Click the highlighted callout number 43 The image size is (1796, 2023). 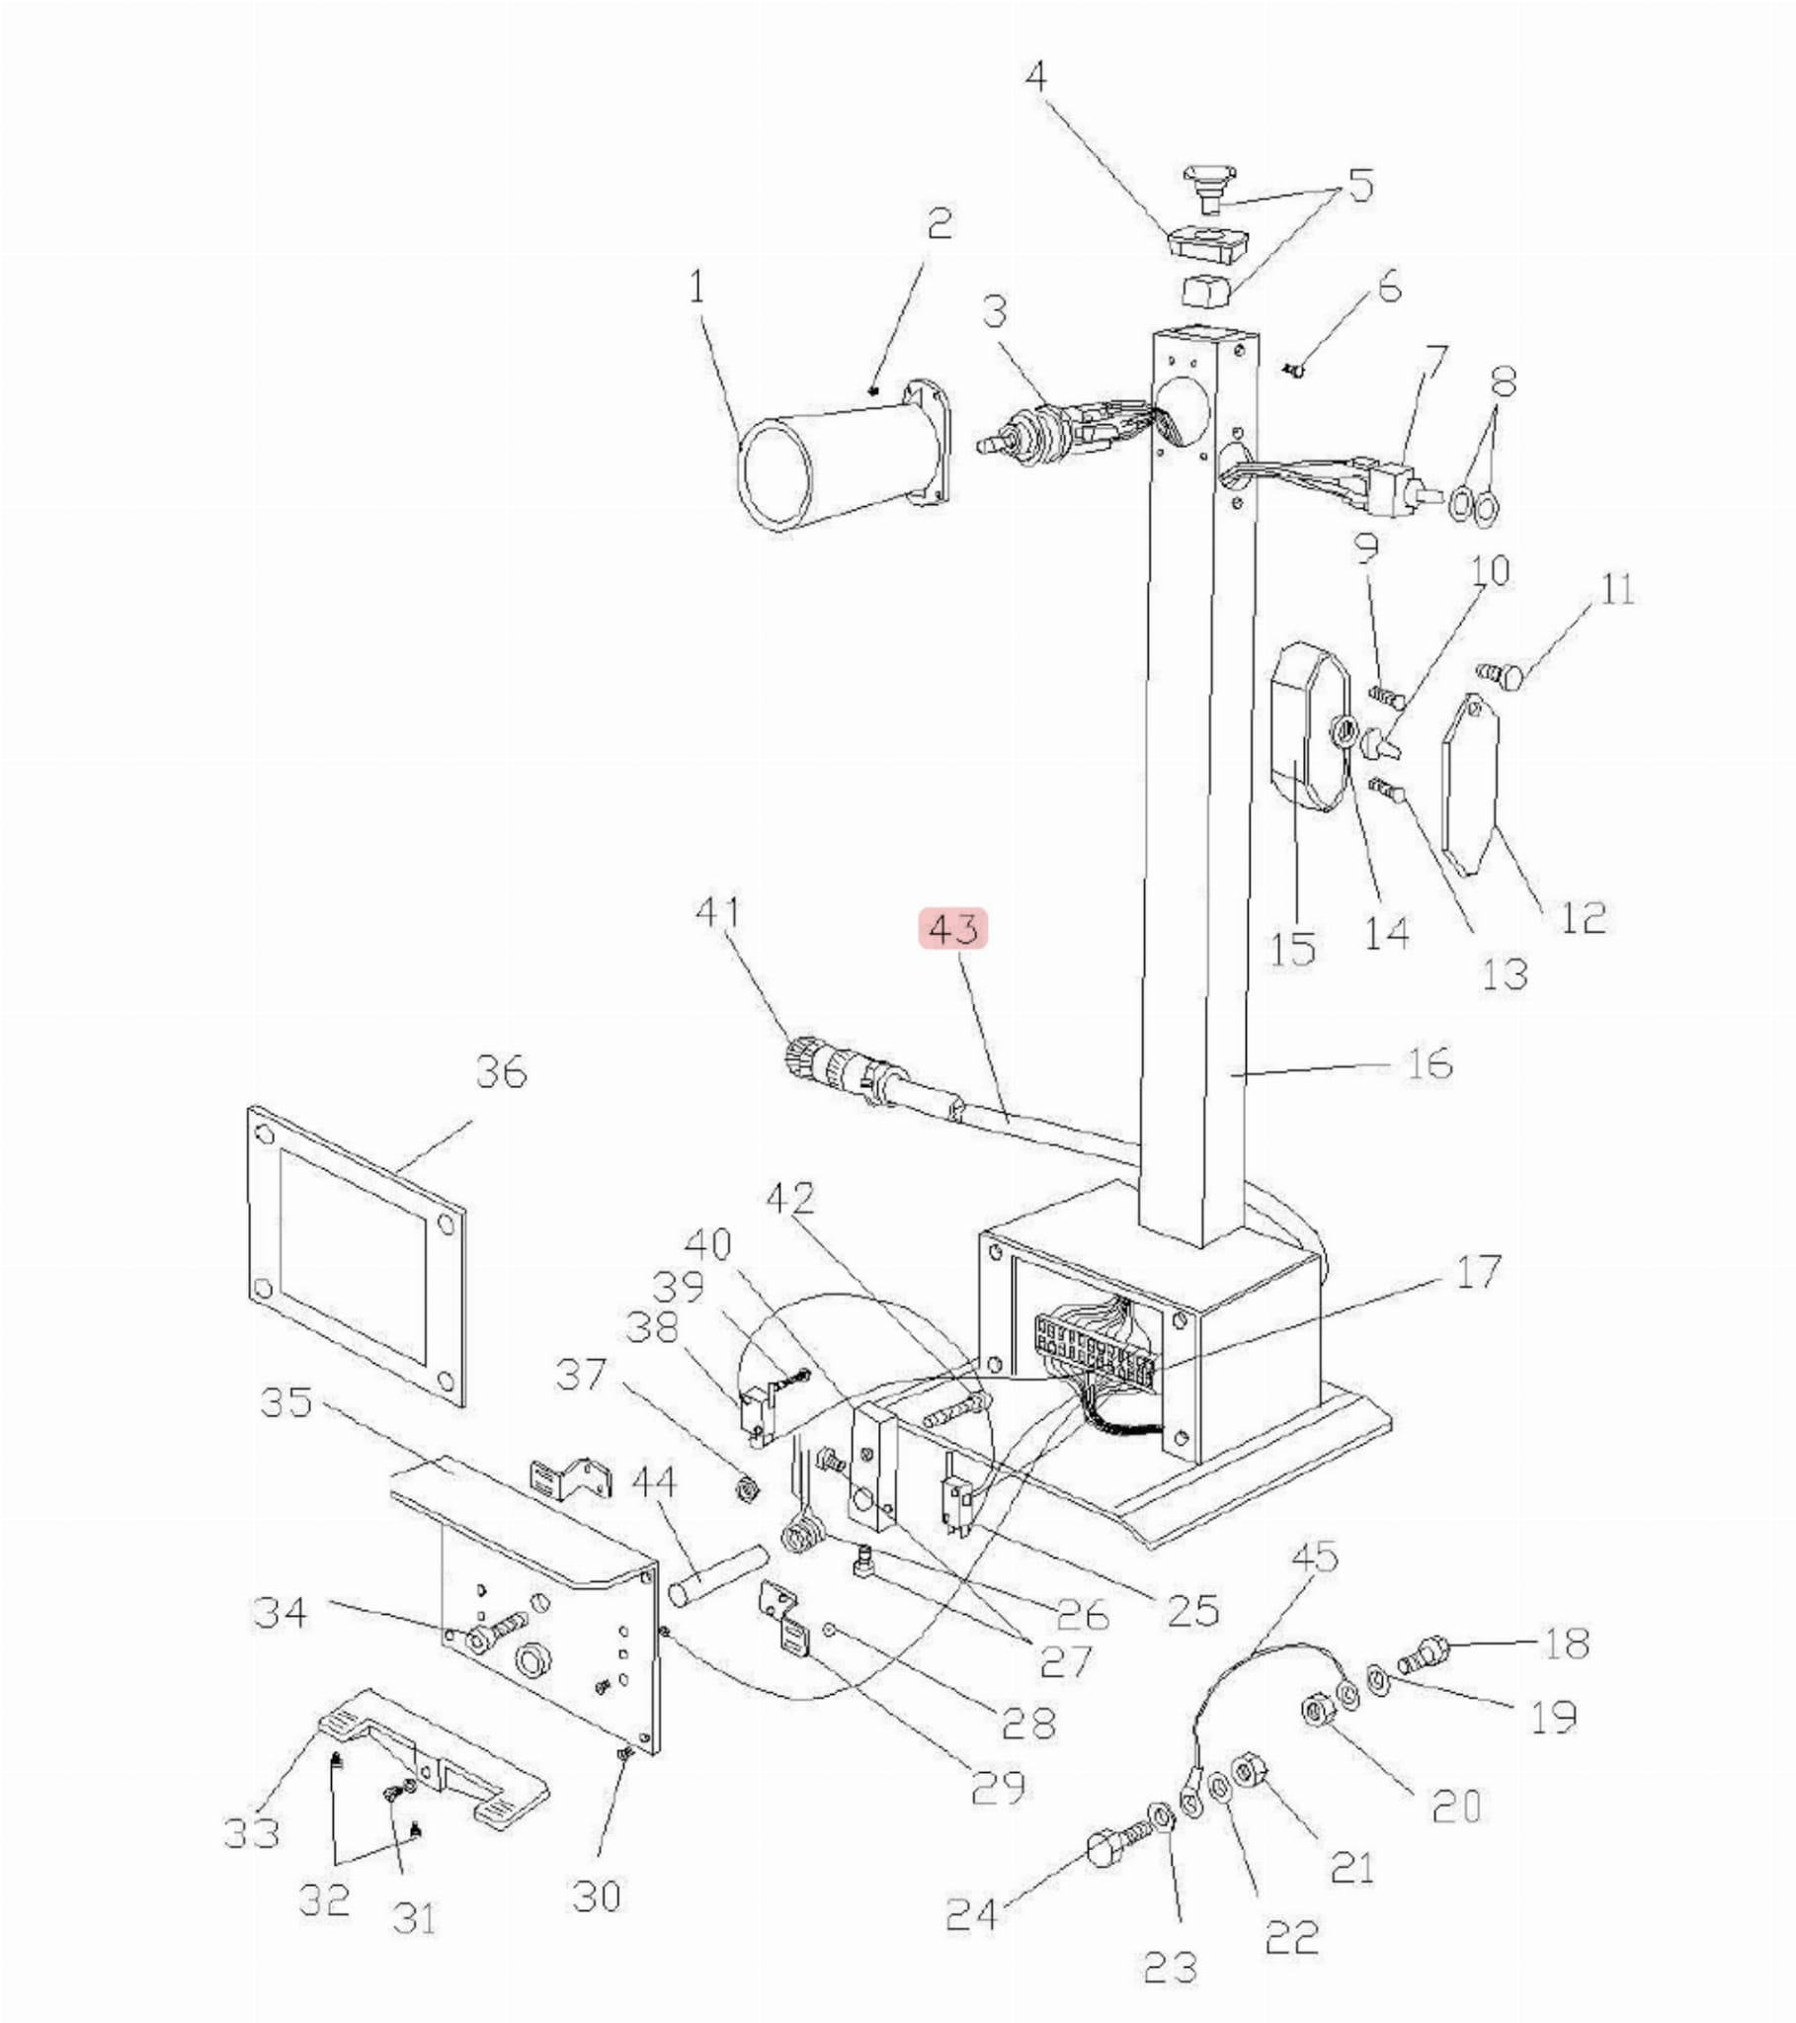click(x=954, y=928)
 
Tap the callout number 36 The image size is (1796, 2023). click(x=502, y=1072)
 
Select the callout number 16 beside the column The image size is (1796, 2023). click(x=1426, y=1064)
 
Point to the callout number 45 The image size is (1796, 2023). click(x=1315, y=1558)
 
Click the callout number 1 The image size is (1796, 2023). click(x=698, y=288)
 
